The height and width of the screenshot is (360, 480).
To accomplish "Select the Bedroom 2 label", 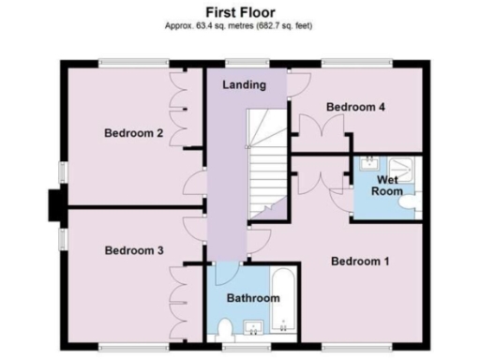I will coord(134,134).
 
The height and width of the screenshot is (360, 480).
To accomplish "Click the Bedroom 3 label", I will coord(134,250).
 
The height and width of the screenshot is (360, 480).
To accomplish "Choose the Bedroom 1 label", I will coord(360,262).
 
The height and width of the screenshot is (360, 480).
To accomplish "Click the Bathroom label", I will coord(253,298).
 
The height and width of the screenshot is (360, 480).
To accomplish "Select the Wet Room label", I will coord(390,185).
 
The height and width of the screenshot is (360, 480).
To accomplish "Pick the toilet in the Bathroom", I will coord(222,328).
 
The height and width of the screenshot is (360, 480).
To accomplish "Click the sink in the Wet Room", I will coord(370,162).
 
